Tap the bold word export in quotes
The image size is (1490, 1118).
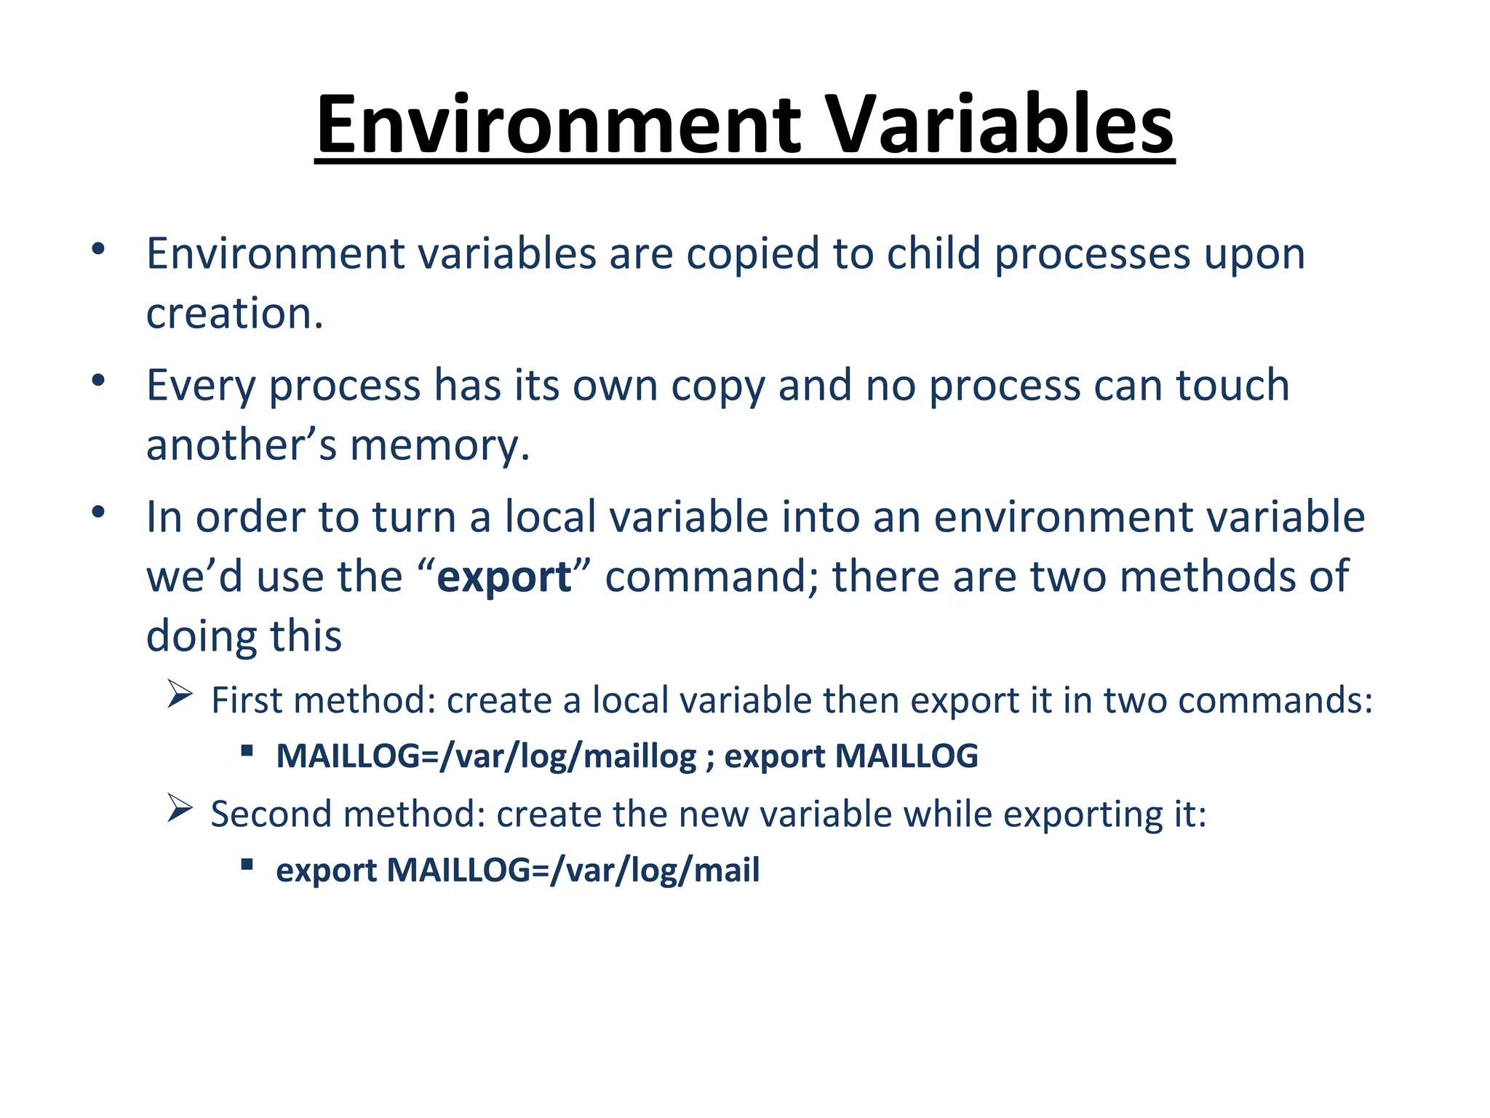pyautogui.click(x=504, y=576)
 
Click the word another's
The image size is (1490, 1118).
pyautogui.click(x=242, y=445)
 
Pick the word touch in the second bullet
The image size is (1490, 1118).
pyautogui.click(x=1233, y=385)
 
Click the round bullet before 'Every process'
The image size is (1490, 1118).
pyautogui.click(x=99, y=381)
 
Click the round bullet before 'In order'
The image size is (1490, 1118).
pyautogui.click(x=99, y=512)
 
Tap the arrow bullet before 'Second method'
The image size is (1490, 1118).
pyautogui.click(x=179, y=808)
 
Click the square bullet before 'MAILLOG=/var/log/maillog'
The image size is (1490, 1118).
pyautogui.click(x=247, y=750)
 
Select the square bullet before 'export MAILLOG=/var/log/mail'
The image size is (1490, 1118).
pyautogui.click(x=247, y=865)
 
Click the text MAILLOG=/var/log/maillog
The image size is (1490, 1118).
pyautogui.click(x=486, y=756)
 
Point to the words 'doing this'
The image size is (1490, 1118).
pyautogui.click(x=244, y=636)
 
